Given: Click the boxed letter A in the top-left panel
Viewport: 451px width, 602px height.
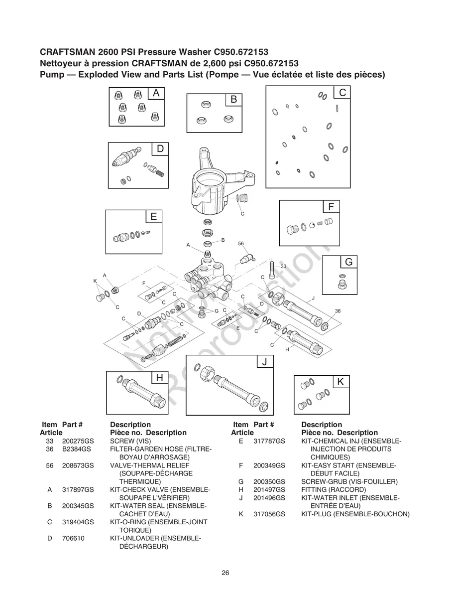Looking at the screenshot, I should click(156, 93).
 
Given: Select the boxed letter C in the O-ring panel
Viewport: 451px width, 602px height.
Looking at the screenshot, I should click(342, 93).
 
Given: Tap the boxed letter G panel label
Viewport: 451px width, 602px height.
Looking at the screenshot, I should click(348, 262).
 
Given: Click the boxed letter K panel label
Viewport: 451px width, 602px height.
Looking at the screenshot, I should click(340, 382).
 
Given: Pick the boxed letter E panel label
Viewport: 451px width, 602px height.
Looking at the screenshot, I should click(153, 216).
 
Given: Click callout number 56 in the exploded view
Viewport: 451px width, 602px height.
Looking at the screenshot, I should click(241, 244).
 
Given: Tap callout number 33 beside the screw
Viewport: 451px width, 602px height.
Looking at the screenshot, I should click(283, 267).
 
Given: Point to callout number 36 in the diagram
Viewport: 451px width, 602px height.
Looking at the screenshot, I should click(338, 310).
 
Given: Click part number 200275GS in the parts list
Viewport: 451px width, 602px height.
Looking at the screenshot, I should click(78, 441).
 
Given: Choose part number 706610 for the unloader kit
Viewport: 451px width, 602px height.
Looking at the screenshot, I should click(72, 538).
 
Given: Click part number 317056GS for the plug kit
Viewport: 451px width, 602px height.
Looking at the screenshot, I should click(269, 514).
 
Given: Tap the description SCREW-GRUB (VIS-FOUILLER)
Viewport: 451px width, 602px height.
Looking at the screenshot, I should click(349, 482).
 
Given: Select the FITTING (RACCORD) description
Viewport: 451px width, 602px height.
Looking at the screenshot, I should click(334, 490).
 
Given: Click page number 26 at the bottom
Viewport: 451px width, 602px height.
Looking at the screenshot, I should click(225, 573).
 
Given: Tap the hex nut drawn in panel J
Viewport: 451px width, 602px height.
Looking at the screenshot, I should click(204, 373).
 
